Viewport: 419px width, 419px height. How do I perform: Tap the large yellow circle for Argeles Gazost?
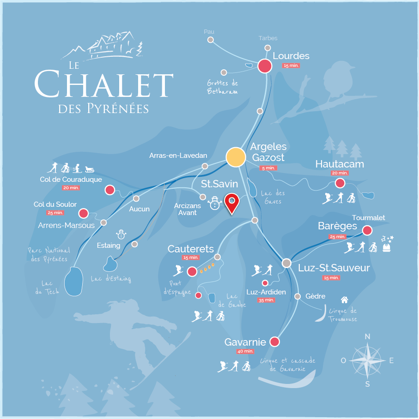236,157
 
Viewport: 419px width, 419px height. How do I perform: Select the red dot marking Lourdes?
265,66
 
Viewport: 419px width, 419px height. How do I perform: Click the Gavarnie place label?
245,342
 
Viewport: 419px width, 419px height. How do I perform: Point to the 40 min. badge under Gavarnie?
246,351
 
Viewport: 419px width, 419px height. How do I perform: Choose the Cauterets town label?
191,249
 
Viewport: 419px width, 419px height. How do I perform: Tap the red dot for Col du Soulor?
84,213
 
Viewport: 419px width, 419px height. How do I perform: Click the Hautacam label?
340,164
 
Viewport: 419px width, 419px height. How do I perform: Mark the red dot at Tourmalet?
367,230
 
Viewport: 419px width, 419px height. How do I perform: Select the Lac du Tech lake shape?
74,281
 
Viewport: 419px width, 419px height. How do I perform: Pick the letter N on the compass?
368,336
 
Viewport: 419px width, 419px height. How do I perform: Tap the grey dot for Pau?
211,40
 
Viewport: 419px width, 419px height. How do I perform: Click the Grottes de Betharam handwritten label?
223,87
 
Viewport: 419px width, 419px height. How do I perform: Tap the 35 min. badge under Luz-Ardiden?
266,300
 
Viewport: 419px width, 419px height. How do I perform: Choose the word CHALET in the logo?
103,84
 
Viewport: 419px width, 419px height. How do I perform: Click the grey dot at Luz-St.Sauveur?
287,263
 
